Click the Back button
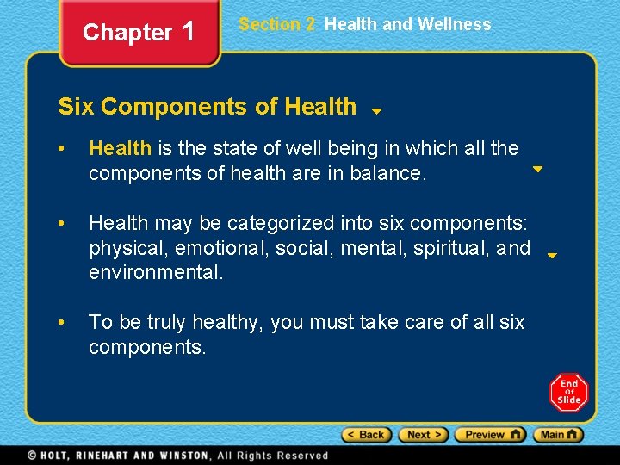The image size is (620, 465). (x=367, y=435)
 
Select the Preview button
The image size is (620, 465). (x=489, y=435)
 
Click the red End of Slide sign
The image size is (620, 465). (x=568, y=392)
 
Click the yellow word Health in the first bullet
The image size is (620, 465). (x=120, y=148)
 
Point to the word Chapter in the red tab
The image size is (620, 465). (x=127, y=33)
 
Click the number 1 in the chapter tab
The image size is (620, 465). (x=189, y=32)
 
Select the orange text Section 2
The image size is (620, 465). (x=277, y=24)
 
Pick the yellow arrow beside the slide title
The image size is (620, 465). (x=376, y=111)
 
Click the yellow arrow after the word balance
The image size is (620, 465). (x=537, y=170)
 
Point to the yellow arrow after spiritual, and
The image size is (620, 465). (x=553, y=255)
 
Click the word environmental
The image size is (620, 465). (x=156, y=273)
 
